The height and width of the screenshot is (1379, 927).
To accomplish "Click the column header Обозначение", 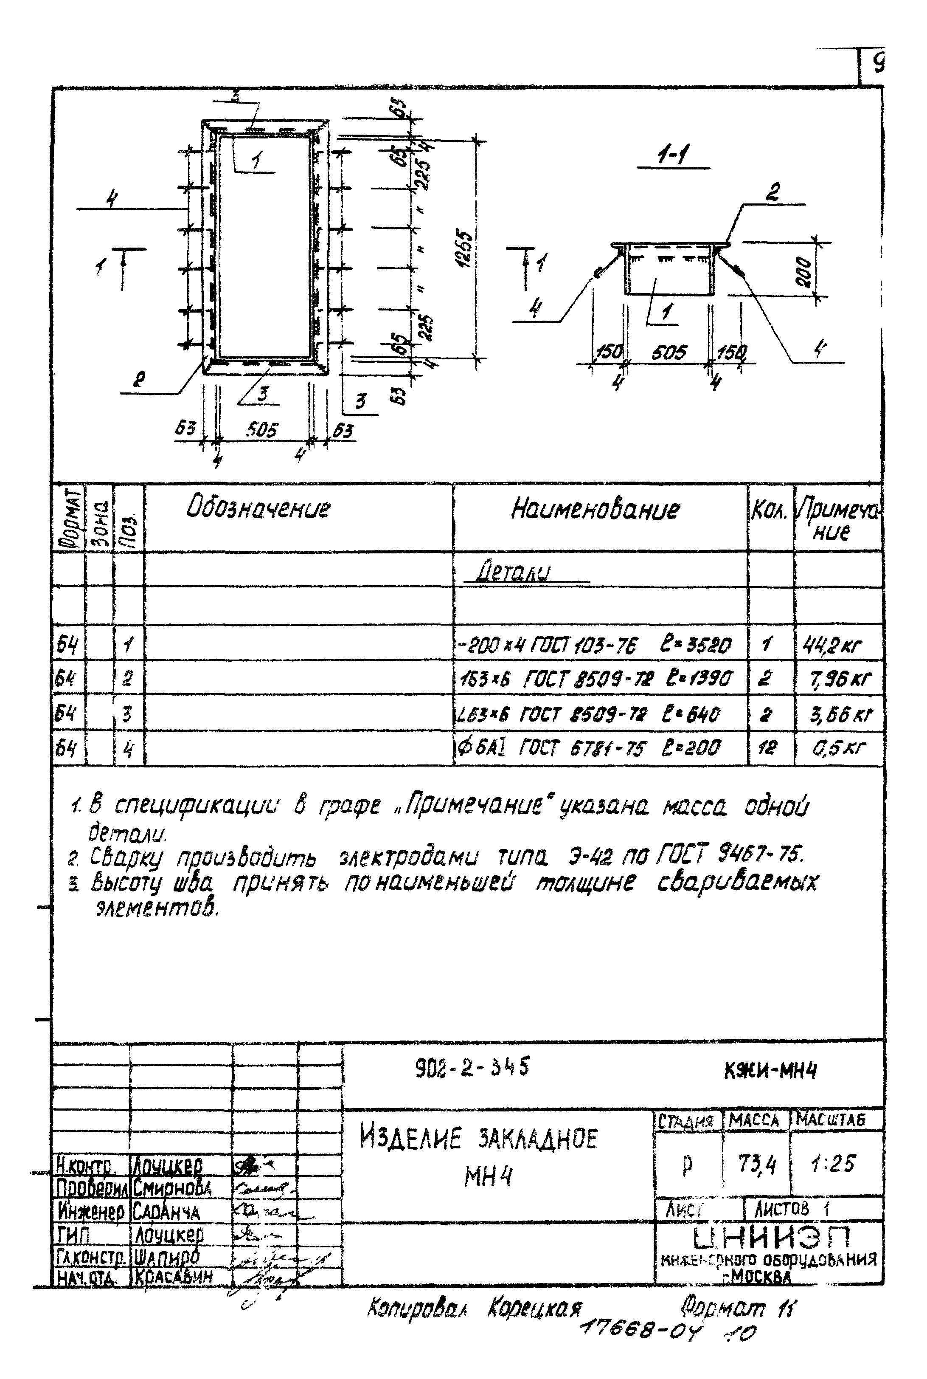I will (x=258, y=509).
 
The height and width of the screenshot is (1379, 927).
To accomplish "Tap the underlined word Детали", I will (x=513, y=572).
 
